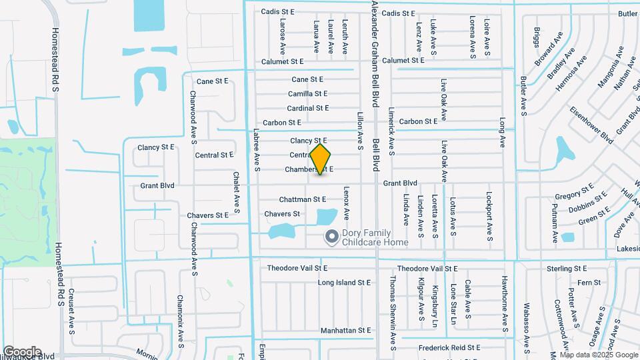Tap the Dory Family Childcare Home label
pyautogui.click(x=375, y=237)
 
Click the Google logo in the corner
pyautogui.click(x=22, y=351)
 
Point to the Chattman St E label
pyautogui.click(x=303, y=199)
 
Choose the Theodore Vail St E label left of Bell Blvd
pyautogui.click(x=298, y=268)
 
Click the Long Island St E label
pyautogui.click(x=344, y=283)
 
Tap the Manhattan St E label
pyautogui.click(x=345, y=330)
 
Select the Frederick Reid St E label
pyautogui.click(x=449, y=347)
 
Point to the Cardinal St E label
pyautogui.click(x=308, y=108)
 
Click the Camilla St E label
pyautogui.click(x=307, y=94)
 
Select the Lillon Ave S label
pyautogui.click(x=360, y=130)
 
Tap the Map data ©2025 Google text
pyautogui.click(x=600, y=355)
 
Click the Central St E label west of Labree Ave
pyautogui.click(x=214, y=155)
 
